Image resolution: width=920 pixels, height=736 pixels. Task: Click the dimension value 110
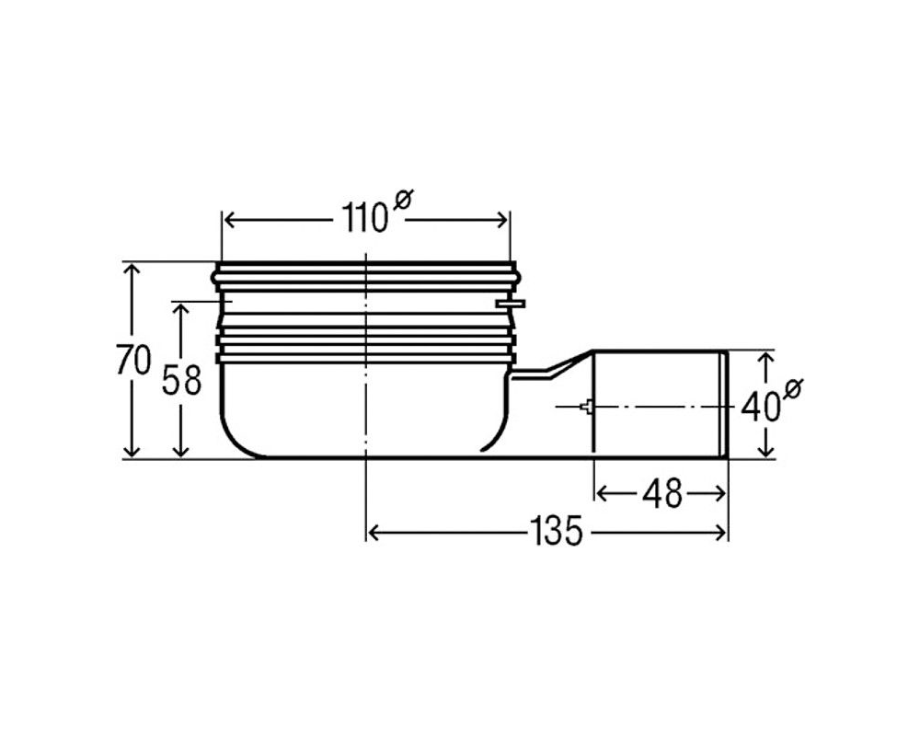(x=364, y=220)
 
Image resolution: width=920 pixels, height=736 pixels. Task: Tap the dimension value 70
(x=133, y=360)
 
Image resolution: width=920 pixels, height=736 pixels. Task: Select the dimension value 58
(x=181, y=380)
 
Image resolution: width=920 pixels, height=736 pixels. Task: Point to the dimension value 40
(x=761, y=407)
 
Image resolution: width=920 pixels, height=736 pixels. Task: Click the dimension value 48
(x=661, y=494)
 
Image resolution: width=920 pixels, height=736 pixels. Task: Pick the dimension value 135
(x=556, y=531)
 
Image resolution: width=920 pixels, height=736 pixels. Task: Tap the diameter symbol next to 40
(x=793, y=388)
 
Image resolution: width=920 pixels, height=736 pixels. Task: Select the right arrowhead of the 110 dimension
(x=501, y=221)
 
